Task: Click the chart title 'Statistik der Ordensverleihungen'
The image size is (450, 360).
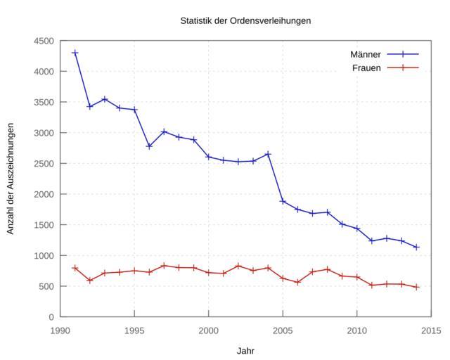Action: pyautogui.click(x=245, y=20)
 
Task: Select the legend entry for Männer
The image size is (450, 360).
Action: pyautogui.click(x=366, y=54)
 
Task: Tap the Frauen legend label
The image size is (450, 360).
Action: pyautogui.click(x=366, y=67)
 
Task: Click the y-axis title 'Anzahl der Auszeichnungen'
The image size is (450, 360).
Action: pyautogui.click(x=11, y=179)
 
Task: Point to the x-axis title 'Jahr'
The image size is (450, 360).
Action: pyautogui.click(x=245, y=350)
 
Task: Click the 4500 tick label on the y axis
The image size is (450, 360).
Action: pyautogui.click(x=43, y=41)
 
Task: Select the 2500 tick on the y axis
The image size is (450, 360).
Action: pyautogui.click(x=43, y=163)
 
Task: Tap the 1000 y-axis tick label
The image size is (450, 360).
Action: pyautogui.click(x=43, y=255)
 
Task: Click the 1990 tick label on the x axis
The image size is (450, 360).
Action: pyautogui.click(x=60, y=330)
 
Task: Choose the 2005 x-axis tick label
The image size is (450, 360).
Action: pyautogui.click(x=283, y=330)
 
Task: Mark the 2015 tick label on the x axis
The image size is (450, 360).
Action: pyautogui.click(x=431, y=330)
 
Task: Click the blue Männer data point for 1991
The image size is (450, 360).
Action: pyautogui.click(x=75, y=53)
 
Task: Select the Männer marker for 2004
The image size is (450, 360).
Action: pyautogui.click(x=268, y=154)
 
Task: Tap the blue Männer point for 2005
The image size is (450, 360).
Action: pyautogui.click(x=283, y=201)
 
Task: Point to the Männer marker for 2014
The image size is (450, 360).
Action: pyautogui.click(x=416, y=247)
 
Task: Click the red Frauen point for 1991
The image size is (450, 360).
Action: pyautogui.click(x=75, y=268)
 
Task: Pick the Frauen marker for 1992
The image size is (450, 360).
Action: pyautogui.click(x=90, y=281)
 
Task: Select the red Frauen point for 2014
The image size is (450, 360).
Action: pyautogui.click(x=416, y=287)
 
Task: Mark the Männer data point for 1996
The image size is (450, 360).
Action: pyautogui.click(x=149, y=146)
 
